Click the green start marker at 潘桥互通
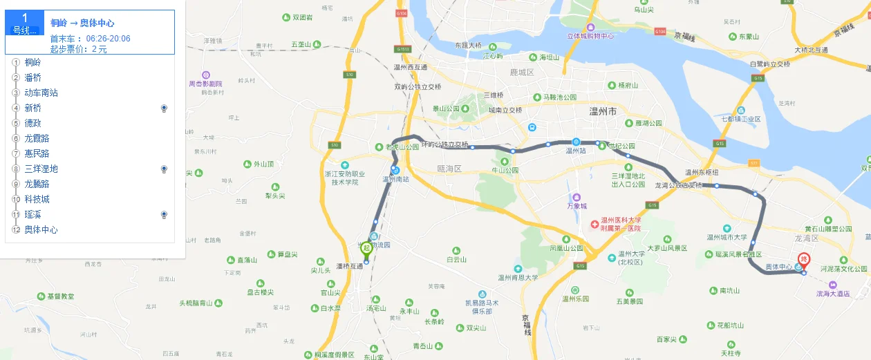[x=366, y=248]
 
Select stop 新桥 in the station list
[x=33, y=108]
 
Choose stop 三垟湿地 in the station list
[x=41, y=169]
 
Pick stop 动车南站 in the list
[x=41, y=93]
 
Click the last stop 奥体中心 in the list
[x=41, y=229]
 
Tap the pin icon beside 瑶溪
[x=164, y=215]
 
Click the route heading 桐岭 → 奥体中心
[x=82, y=23]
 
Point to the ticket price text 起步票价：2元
[x=79, y=49]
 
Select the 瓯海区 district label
[x=449, y=168]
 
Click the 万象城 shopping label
[x=577, y=206]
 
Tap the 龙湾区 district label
[x=807, y=238]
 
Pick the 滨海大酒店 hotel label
[x=843, y=293]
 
